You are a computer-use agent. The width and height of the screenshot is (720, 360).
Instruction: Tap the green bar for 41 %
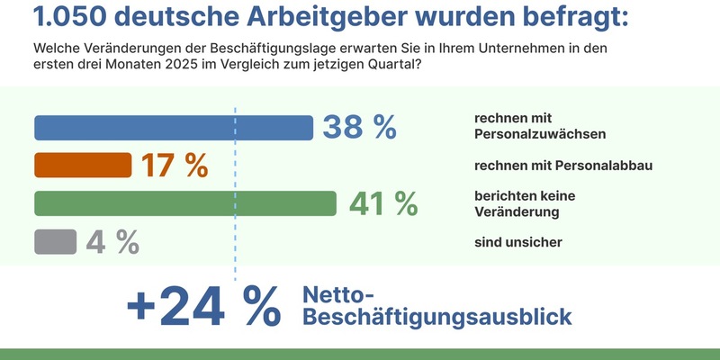184,203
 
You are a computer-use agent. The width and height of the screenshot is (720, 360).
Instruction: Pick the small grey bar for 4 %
56,241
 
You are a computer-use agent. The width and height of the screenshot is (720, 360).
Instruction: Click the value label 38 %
359,128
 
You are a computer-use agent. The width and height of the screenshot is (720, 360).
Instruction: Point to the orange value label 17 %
175,166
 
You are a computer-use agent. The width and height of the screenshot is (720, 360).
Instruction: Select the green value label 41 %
383,203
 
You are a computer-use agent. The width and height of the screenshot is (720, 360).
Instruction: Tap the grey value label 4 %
112,241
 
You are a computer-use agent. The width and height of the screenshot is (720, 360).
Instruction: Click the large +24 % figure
203,308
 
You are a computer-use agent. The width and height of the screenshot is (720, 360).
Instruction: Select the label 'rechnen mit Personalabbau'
562,166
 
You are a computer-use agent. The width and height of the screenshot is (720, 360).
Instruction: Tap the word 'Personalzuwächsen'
538,135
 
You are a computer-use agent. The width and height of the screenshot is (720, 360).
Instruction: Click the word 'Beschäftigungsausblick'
436,318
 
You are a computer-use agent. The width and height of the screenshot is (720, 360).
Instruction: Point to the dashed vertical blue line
235,180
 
